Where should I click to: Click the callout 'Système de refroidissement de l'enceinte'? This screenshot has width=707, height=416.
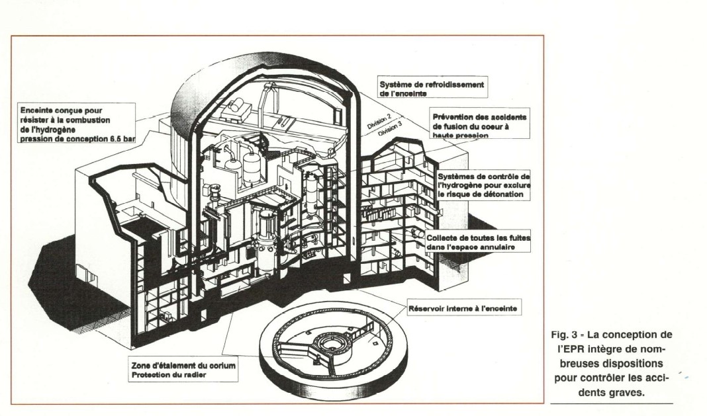(432, 89)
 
